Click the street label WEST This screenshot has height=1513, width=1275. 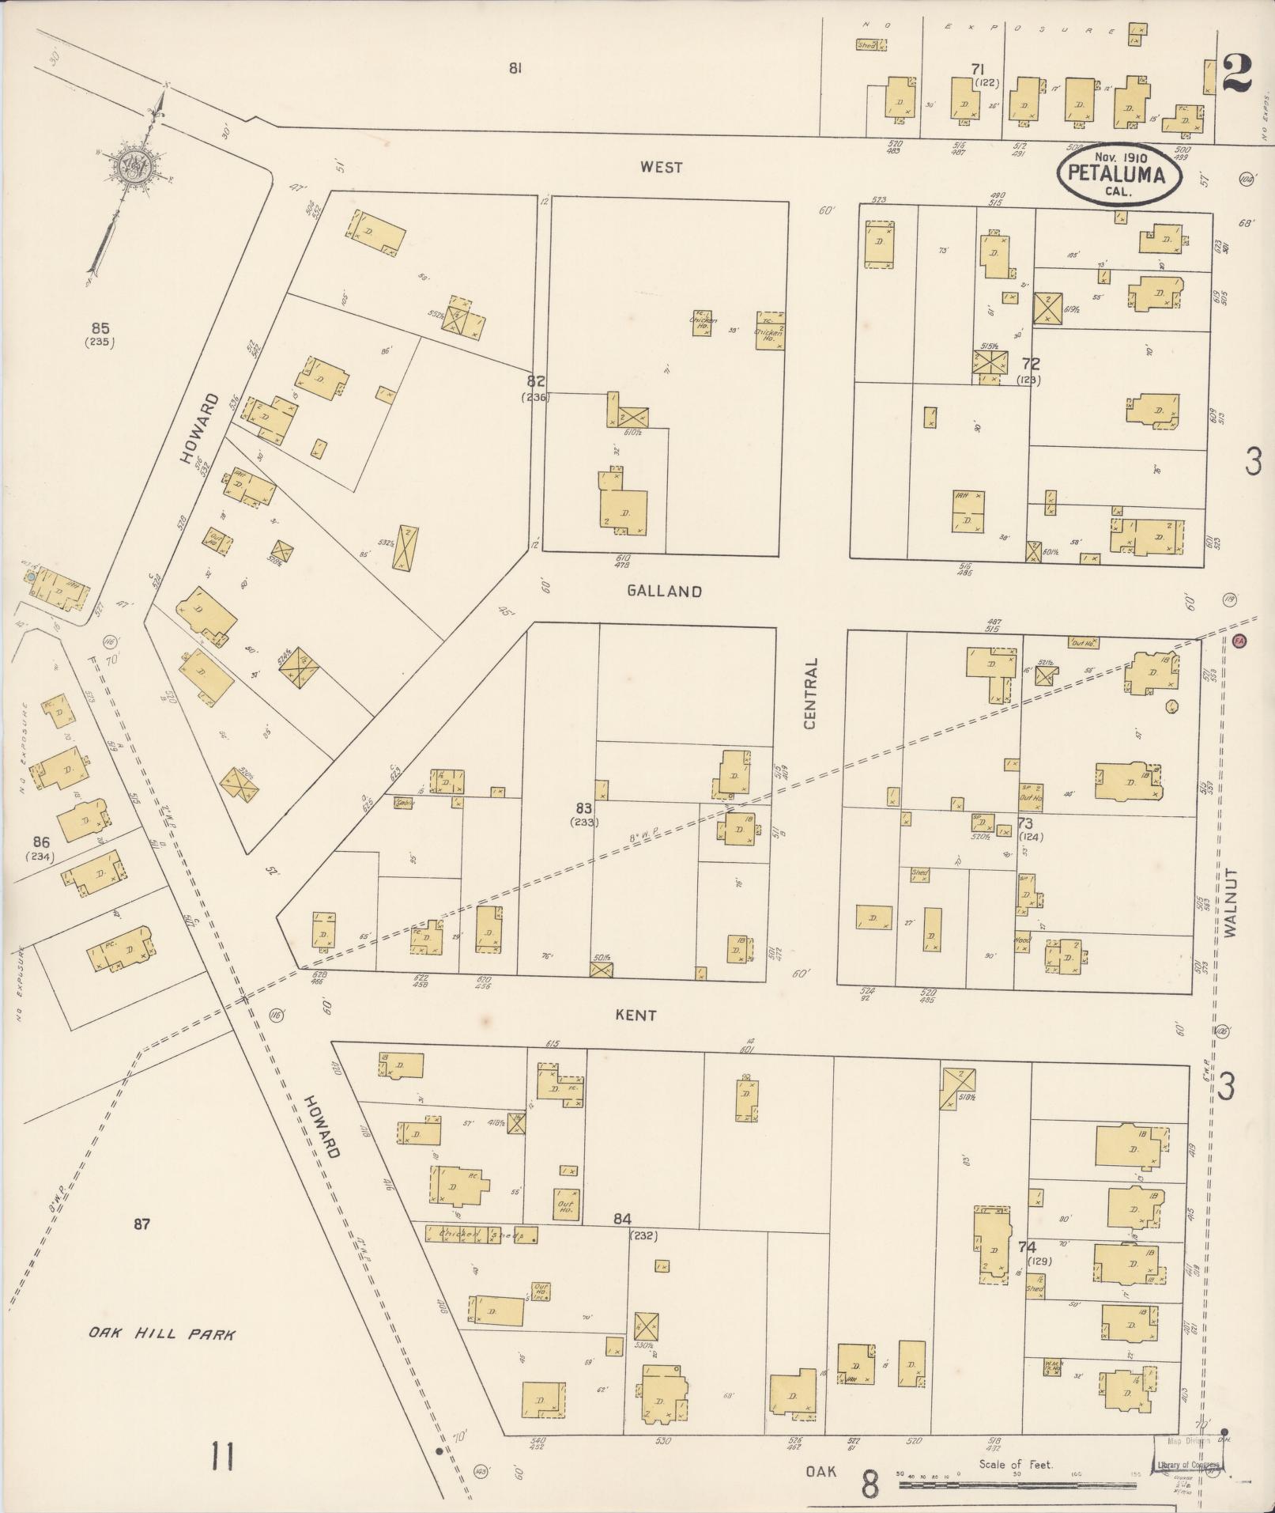coord(662,167)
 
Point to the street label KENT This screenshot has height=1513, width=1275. coord(636,1015)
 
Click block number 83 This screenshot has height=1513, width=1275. coord(584,808)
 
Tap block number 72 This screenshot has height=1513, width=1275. coord(1030,365)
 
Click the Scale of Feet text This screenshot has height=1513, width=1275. coord(1016,1464)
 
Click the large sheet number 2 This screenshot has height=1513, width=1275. coord(1235,74)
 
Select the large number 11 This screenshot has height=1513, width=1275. coord(222,1455)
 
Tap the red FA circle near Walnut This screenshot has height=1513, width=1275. coord(1239,641)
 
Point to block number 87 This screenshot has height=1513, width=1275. coord(141,1224)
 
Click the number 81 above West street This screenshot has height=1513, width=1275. coord(515,69)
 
